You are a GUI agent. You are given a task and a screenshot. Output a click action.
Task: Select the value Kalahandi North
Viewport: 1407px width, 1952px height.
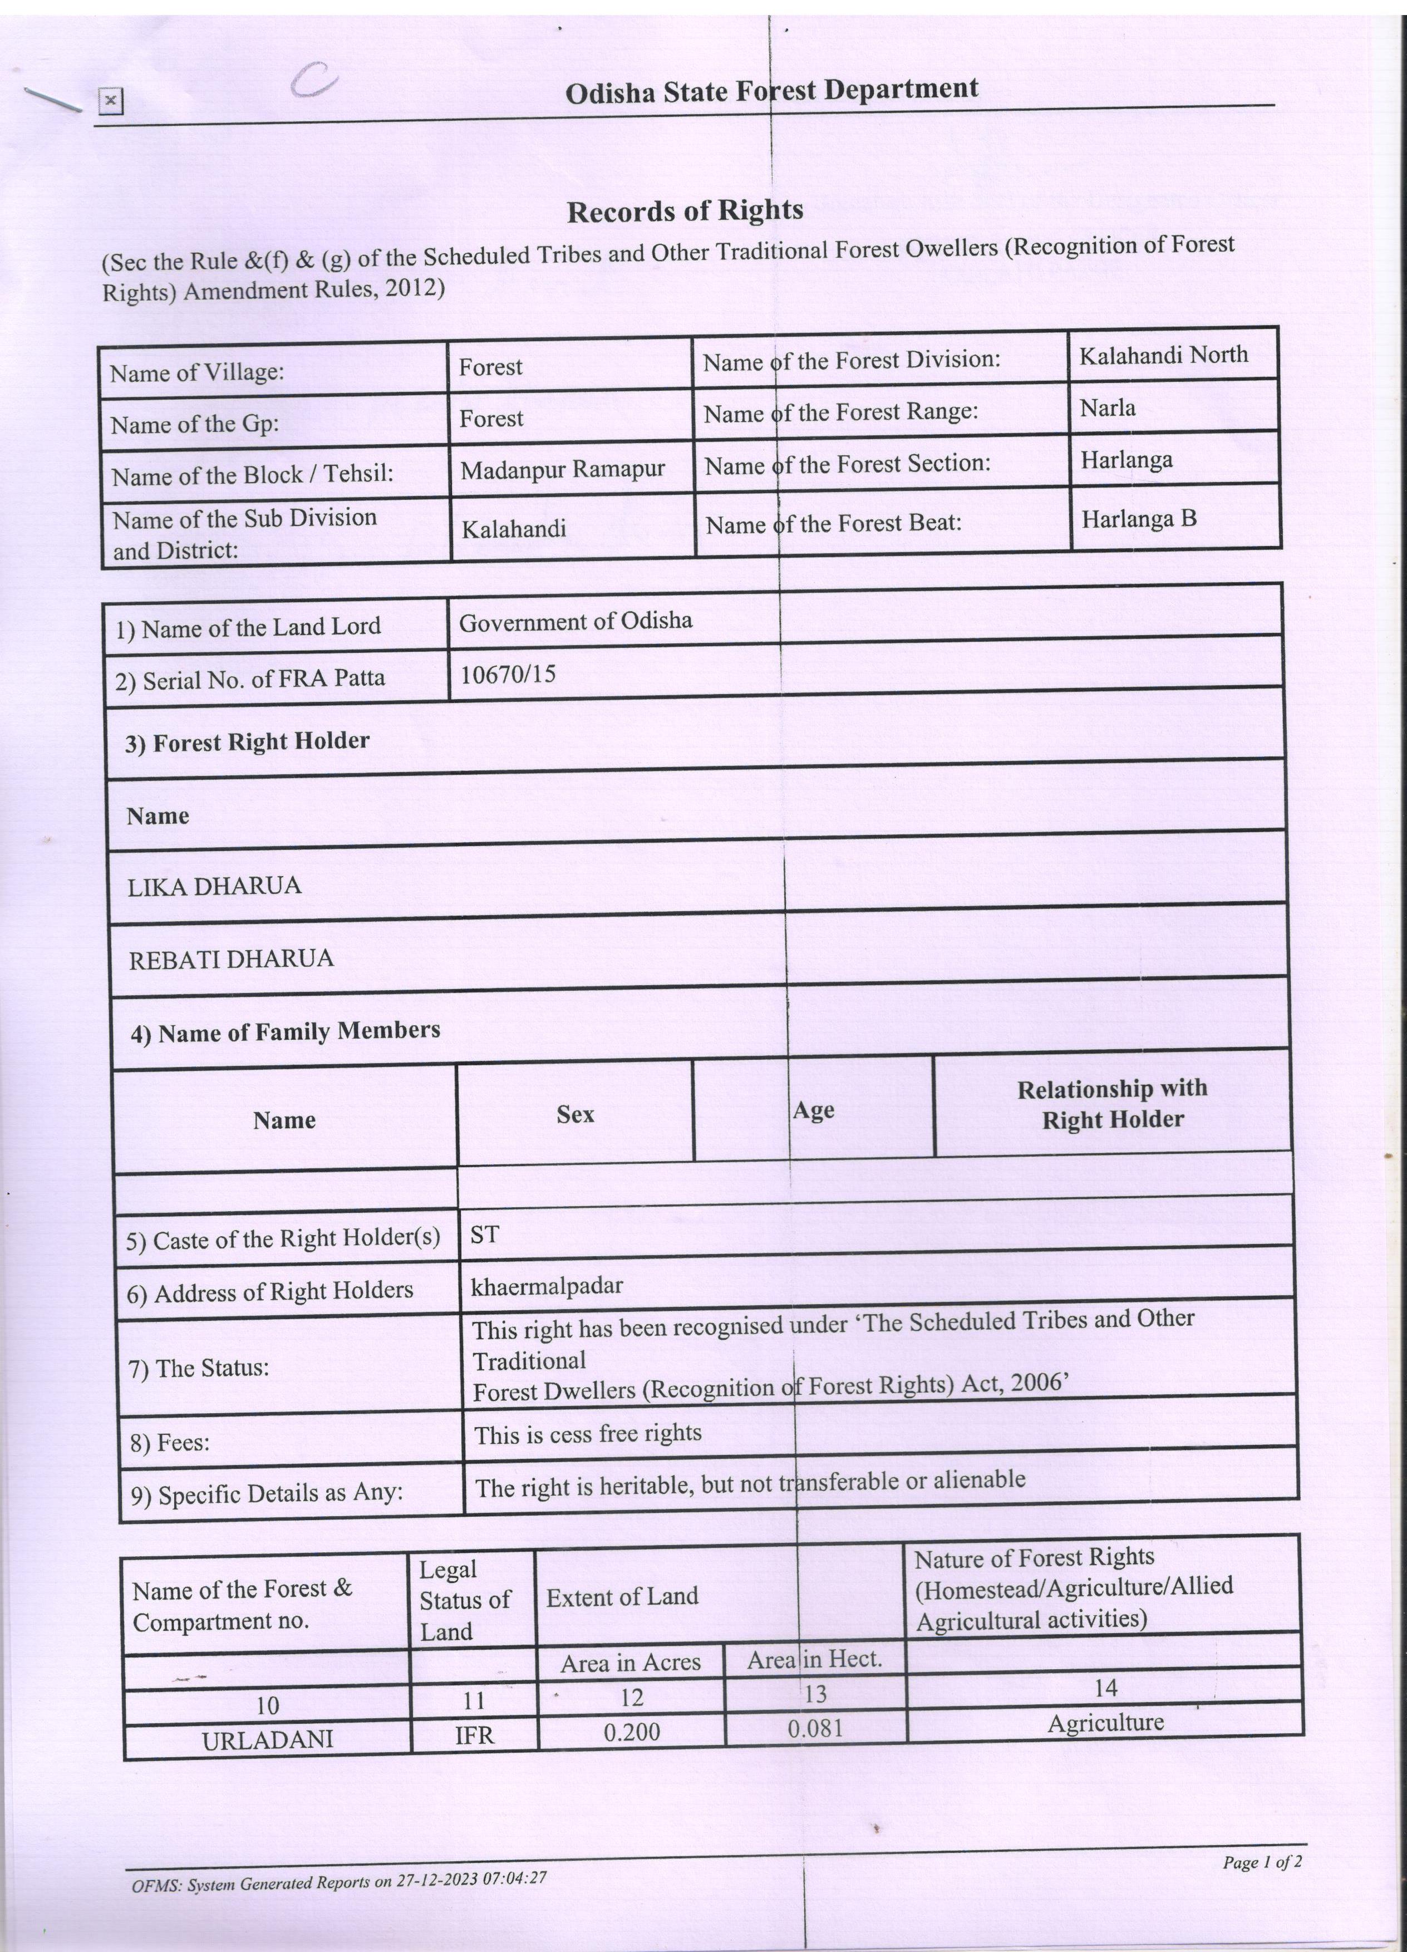click(x=1163, y=355)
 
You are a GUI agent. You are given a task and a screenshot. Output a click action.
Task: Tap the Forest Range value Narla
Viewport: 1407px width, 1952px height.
click(x=1108, y=407)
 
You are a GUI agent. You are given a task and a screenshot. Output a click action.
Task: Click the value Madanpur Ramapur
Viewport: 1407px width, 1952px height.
click(x=562, y=470)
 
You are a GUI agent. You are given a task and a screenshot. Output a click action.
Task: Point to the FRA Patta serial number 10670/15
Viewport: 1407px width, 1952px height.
click(x=508, y=674)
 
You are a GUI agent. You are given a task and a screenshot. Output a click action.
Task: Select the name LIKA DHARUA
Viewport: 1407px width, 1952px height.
click(x=214, y=887)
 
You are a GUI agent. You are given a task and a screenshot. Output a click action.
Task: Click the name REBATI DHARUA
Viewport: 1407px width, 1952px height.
click(x=230, y=960)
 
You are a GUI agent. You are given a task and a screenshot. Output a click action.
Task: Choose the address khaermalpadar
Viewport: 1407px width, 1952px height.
click(x=547, y=1287)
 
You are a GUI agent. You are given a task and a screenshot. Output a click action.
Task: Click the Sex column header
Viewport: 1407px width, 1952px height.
click(x=575, y=1114)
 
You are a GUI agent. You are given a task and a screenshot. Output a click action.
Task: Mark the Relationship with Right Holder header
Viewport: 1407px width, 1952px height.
click(x=1112, y=1104)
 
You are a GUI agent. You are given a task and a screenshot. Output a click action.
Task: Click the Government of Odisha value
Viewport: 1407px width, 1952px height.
click(x=575, y=621)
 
